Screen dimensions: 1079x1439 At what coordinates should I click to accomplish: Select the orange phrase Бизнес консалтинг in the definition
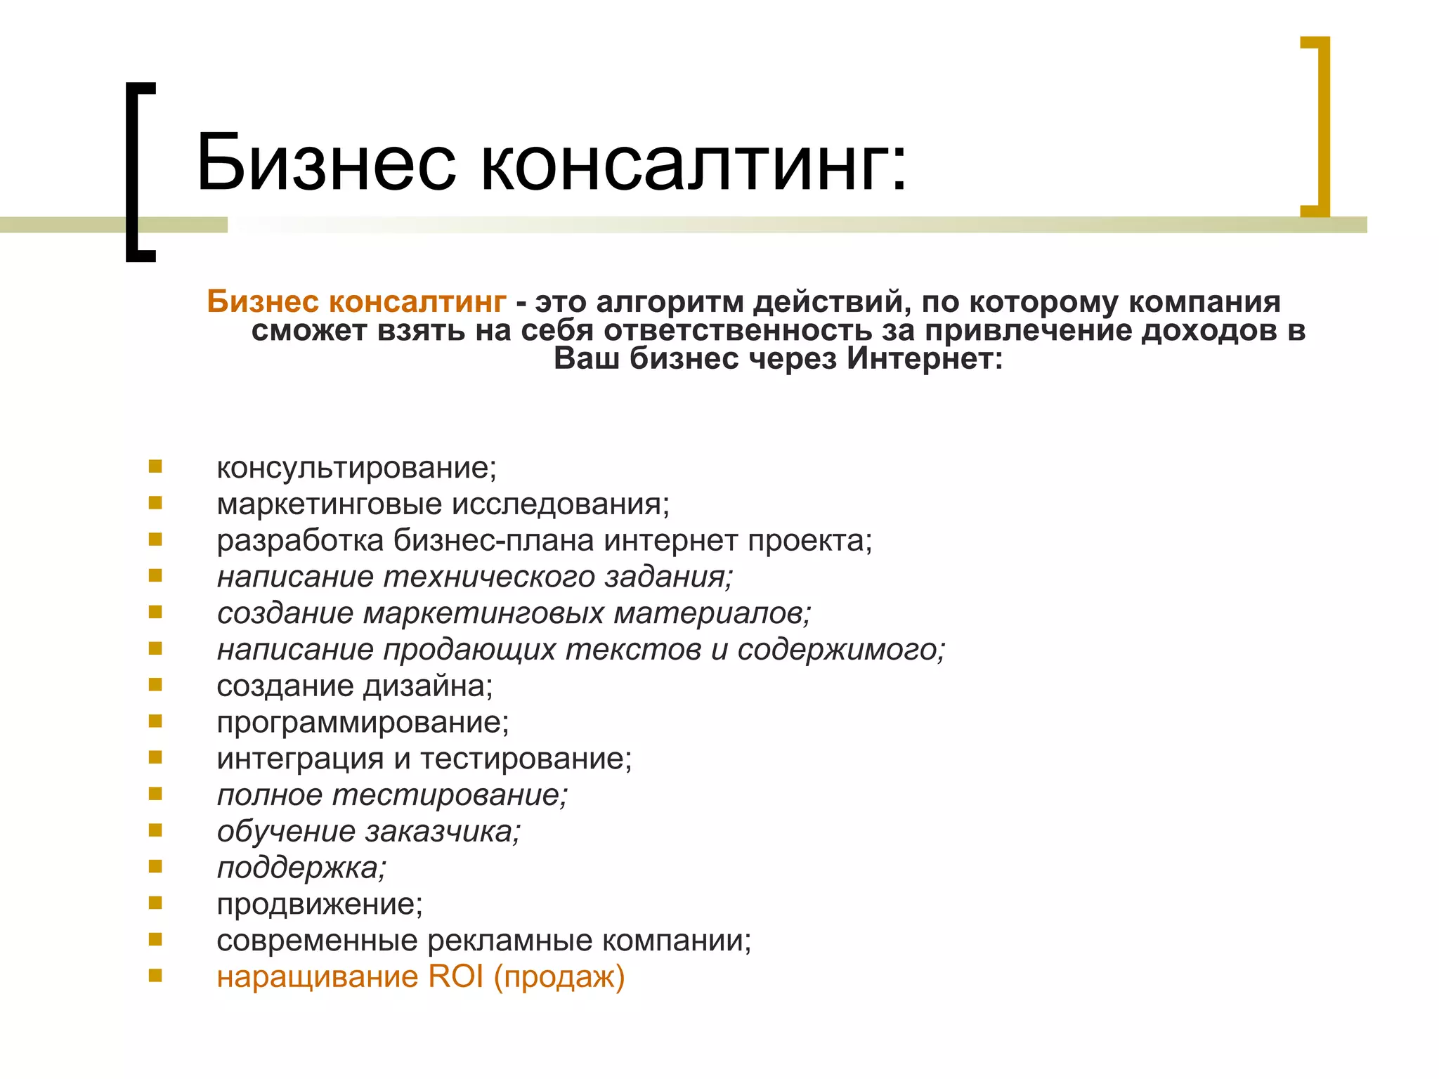pyautogui.click(x=356, y=302)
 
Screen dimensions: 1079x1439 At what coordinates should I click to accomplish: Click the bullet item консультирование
pyautogui.click(x=356, y=468)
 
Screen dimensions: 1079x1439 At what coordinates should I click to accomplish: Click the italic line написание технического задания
pyautogui.click(x=474, y=577)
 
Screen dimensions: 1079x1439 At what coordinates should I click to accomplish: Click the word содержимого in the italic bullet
pyautogui.click(x=840, y=650)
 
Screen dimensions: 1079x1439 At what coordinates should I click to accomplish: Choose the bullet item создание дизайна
pyautogui.click(x=355, y=686)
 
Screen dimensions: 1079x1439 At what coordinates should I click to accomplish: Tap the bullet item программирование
pyautogui.click(x=363, y=723)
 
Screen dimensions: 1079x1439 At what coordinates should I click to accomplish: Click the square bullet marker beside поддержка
pyautogui.click(x=155, y=866)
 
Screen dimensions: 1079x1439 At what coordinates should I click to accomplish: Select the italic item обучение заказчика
pyautogui.click(x=369, y=832)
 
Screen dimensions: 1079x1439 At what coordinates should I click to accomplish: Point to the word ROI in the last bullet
pyautogui.click(x=455, y=977)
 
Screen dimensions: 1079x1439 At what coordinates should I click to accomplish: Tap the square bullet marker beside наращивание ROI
pyautogui.click(x=155, y=975)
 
